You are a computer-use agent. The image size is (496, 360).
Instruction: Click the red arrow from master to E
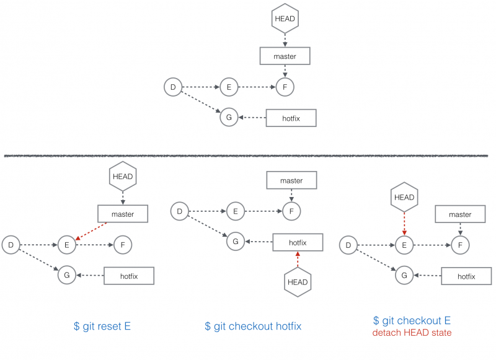click(x=91, y=231)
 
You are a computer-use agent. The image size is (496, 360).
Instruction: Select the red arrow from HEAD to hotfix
click(x=298, y=260)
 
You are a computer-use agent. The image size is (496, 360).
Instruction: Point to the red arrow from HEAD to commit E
click(x=404, y=224)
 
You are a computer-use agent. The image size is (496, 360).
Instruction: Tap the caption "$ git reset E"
click(x=102, y=326)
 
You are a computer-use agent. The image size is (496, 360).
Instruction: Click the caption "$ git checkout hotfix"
click(x=253, y=326)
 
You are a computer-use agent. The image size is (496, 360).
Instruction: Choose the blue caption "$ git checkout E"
click(x=412, y=320)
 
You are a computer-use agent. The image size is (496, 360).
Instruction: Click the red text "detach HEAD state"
click(x=412, y=333)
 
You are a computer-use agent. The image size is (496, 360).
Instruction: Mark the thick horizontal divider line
click(x=246, y=156)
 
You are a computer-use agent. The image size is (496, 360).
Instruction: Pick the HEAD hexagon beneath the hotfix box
click(x=298, y=283)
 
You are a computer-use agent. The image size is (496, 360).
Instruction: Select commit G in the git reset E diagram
click(x=67, y=275)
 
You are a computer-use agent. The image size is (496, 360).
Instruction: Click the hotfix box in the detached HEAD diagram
click(x=467, y=276)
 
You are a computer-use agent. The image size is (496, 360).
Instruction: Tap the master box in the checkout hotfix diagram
click(x=291, y=180)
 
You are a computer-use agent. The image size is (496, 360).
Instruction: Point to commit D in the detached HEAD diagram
click(x=348, y=245)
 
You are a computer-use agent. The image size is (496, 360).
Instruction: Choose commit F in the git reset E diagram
click(x=123, y=245)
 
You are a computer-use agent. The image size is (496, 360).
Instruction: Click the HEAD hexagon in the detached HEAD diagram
click(x=404, y=197)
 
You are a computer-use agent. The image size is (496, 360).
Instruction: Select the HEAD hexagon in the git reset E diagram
click(x=123, y=177)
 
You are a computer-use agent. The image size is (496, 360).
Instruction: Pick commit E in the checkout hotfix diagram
click(x=236, y=211)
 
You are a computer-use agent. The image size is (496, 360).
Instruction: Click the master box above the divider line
click(x=285, y=56)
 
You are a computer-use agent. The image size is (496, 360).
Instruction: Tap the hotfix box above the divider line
click(x=291, y=118)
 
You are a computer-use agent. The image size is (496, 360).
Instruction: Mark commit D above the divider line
click(x=173, y=87)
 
